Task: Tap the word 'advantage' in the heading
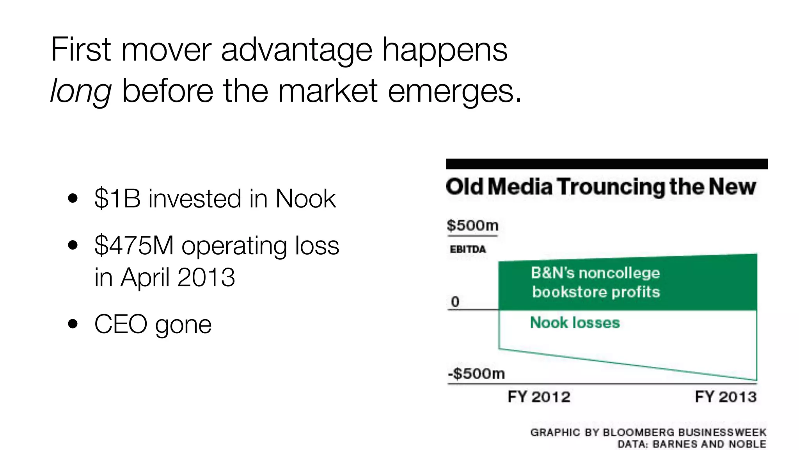tap(297, 50)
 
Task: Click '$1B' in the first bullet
tap(117, 198)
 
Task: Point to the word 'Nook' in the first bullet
tap(305, 198)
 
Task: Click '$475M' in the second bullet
tap(134, 246)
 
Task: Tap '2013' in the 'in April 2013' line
tap(206, 277)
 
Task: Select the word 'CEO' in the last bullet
tap(121, 324)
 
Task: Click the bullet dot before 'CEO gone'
tap(73, 324)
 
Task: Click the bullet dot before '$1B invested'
tap(73, 198)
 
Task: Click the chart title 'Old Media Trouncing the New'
tap(601, 187)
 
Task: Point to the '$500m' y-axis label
tap(472, 225)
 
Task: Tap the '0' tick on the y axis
tap(455, 302)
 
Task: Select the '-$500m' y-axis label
tap(476, 374)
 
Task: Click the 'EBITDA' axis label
tap(468, 249)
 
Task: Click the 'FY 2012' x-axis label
tap(539, 397)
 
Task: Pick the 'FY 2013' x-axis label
tap(726, 397)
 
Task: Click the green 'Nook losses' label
tap(575, 323)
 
